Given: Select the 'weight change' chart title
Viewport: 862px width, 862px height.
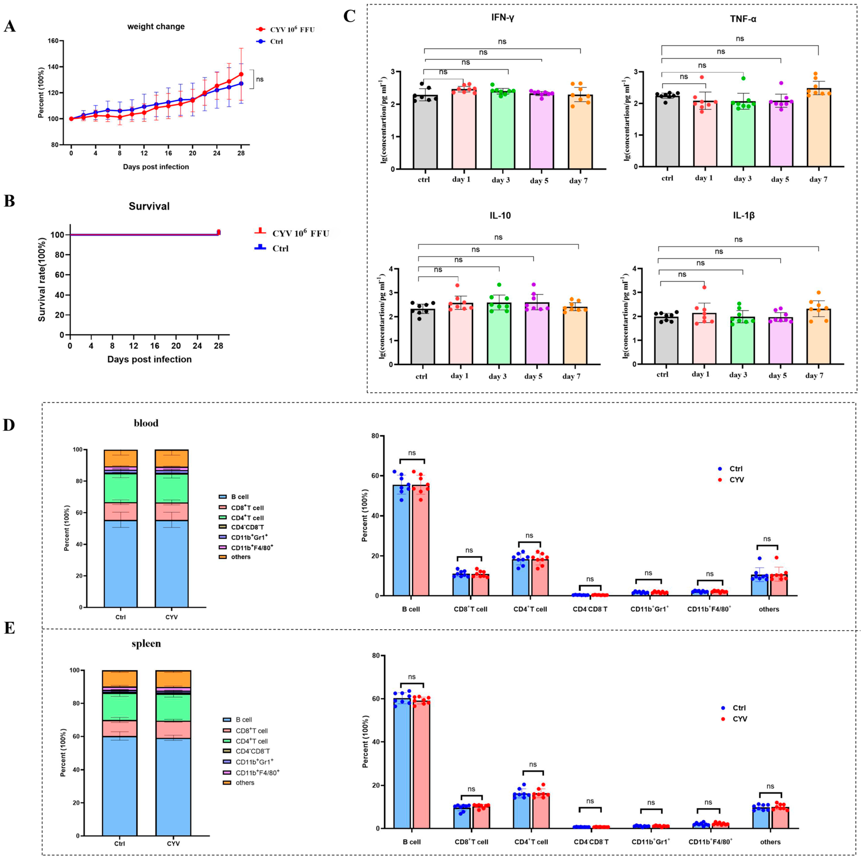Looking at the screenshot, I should coord(156,27).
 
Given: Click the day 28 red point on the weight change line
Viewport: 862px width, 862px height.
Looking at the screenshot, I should coord(241,74).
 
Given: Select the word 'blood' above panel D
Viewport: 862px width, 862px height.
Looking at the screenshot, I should coord(146,423).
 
